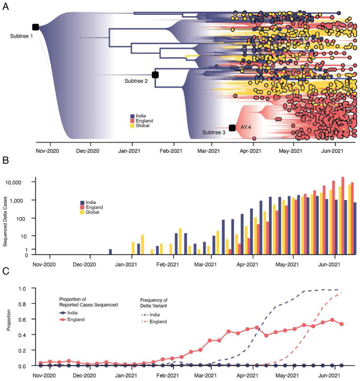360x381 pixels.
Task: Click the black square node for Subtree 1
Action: [x=36, y=27]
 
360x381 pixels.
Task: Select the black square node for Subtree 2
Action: [x=155, y=75]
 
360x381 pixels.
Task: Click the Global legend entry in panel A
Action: [x=145, y=126]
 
